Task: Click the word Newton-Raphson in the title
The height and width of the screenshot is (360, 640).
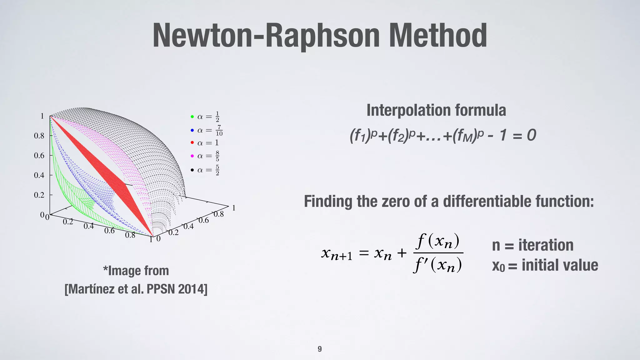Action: point(266,37)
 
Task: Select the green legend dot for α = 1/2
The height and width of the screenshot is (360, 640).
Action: point(192,117)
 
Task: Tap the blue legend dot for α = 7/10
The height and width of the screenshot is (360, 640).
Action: point(192,130)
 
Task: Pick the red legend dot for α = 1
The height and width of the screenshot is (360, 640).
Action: point(192,143)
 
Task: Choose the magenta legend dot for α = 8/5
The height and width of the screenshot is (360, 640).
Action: point(192,156)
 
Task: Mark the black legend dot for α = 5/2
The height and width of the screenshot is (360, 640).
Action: point(192,170)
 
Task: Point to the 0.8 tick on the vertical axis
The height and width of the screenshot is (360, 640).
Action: point(39,136)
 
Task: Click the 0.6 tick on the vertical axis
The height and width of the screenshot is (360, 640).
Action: point(39,156)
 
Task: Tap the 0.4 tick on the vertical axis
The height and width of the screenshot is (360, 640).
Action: point(39,175)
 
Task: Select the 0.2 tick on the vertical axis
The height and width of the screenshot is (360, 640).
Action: point(39,195)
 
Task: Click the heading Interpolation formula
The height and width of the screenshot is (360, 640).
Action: point(436,110)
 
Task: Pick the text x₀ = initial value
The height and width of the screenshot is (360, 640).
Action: point(545,265)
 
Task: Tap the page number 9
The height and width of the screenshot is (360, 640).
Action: point(320,349)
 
